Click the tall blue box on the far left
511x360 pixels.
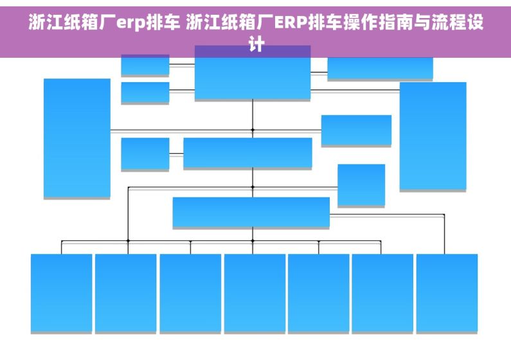tap(77, 138)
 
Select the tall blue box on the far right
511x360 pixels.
tap(433, 136)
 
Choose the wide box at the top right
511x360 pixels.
tap(380, 68)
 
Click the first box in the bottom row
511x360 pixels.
tap(61, 293)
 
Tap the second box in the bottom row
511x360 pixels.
tap(125, 293)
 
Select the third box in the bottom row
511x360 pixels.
tap(190, 293)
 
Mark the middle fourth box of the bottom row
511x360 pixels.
tap(255, 293)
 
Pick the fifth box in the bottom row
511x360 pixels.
tap(318, 293)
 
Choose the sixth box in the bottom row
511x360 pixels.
tap(382, 293)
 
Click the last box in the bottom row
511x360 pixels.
tap(447, 293)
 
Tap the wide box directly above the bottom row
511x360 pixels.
tap(251, 212)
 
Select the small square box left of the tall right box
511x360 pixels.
tap(361, 184)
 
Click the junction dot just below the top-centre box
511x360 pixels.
tap(253, 130)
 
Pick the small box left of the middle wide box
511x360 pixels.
tap(145, 154)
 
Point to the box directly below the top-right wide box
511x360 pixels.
tap(356, 130)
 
